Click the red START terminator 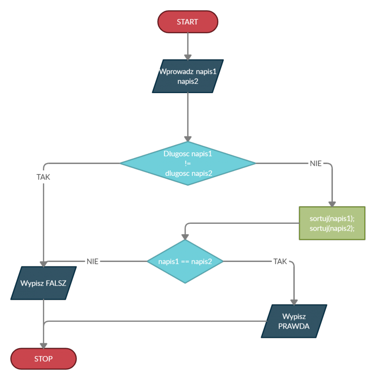[x=188, y=22]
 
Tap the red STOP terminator [x=44, y=359]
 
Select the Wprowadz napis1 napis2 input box [x=188, y=76]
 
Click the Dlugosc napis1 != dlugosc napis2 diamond [x=188, y=163]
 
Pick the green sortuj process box [x=332, y=223]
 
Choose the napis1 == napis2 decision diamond [x=185, y=261]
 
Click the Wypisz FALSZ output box [x=44, y=283]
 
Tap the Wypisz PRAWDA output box [x=294, y=321]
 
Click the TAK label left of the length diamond [x=44, y=177]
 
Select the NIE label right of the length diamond [x=316, y=163]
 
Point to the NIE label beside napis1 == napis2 [x=93, y=261]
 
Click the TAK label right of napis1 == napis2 [x=280, y=261]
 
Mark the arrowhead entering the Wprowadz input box [x=188, y=57]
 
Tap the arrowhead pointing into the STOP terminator [x=44, y=345]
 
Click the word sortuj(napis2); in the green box [x=332, y=228]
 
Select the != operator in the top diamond [x=188, y=164]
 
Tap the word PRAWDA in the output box [x=294, y=326]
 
